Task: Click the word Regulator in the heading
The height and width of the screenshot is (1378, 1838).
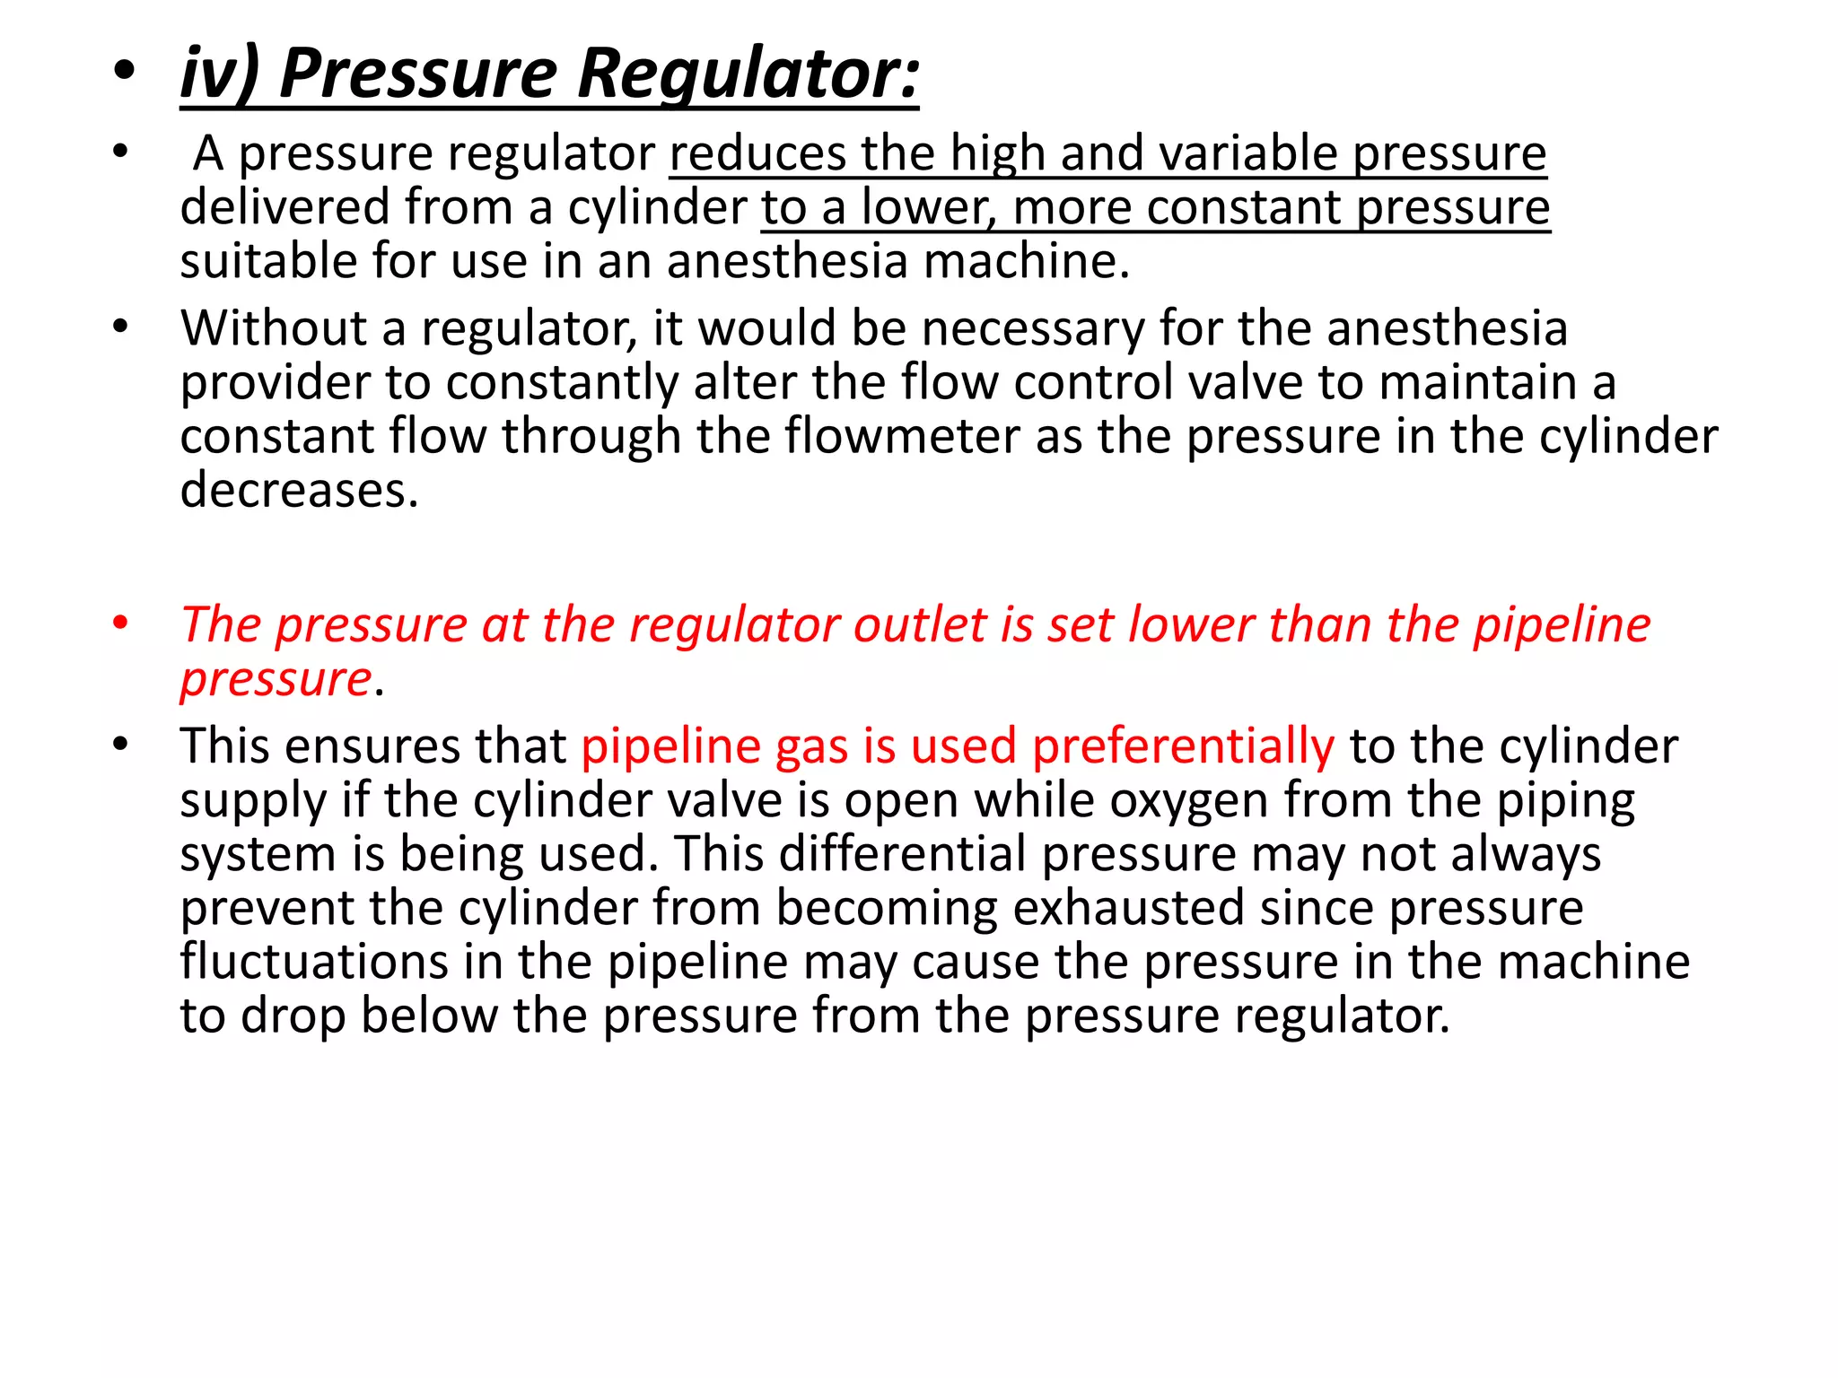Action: pos(748,74)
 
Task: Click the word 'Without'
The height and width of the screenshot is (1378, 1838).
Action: pos(273,328)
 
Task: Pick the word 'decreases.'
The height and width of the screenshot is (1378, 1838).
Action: pos(299,491)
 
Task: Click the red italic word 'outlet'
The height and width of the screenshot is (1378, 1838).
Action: pos(919,625)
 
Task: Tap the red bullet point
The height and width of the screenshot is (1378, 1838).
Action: pos(121,623)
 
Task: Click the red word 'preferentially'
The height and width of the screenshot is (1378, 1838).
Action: pos(1182,746)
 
